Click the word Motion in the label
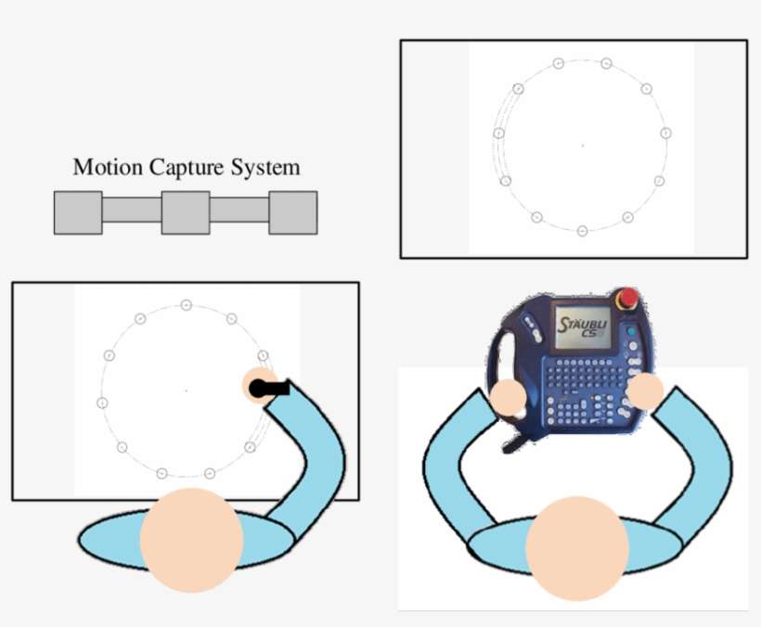[x=108, y=167]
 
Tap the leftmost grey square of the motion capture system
[x=78, y=213]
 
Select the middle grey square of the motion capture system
[x=186, y=213]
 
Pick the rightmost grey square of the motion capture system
[x=293, y=213]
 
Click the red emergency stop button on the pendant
[x=627, y=297]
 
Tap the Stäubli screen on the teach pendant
[x=583, y=326]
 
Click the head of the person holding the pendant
[x=577, y=548]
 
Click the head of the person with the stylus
[x=192, y=540]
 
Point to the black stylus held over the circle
[x=269, y=388]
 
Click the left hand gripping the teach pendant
[x=509, y=398]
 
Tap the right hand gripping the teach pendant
[x=645, y=390]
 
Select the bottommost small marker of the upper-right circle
[x=583, y=231]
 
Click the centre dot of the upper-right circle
[x=583, y=145]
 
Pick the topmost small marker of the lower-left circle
[x=186, y=305]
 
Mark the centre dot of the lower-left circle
[x=187, y=390]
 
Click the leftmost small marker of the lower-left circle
[x=102, y=403]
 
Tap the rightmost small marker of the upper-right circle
[x=666, y=133]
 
